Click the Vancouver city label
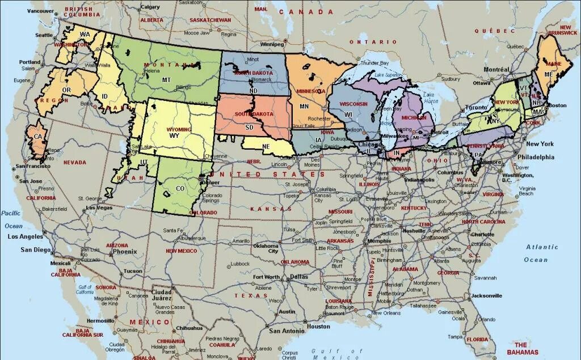[40, 11]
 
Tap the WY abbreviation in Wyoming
[174, 135]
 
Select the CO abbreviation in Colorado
[180, 188]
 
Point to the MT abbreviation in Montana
[166, 80]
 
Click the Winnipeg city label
[272, 44]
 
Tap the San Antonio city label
[287, 331]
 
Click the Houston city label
[318, 327]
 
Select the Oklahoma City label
[266, 248]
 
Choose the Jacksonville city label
[486, 295]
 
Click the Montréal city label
[496, 69]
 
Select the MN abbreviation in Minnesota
[305, 106]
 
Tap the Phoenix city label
[124, 251]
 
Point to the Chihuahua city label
[190, 328]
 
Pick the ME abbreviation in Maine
[549, 74]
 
